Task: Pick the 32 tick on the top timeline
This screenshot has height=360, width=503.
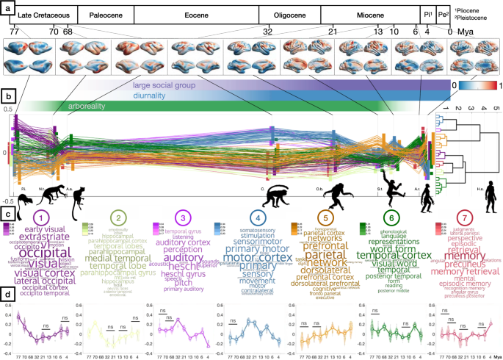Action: pyautogui.click(x=267, y=32)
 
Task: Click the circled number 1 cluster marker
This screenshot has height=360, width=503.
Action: pyautogui.click(x=42, y=218)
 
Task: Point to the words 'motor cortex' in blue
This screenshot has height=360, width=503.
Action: pyautogui.click(x=254, y=258)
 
